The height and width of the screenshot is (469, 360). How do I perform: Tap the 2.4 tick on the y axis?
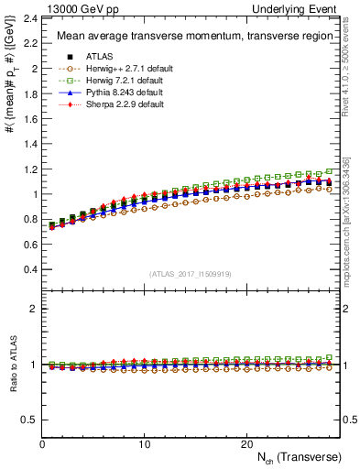pyautogui.click(x=29, y=18)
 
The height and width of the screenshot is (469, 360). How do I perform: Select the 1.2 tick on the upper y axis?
pyautogui.click(x=29, y=169)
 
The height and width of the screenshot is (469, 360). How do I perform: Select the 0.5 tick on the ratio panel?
pyautogui.click(x=29, y=420)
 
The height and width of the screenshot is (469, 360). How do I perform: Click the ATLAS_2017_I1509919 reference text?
pyautogui.click(x=190, y=274)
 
